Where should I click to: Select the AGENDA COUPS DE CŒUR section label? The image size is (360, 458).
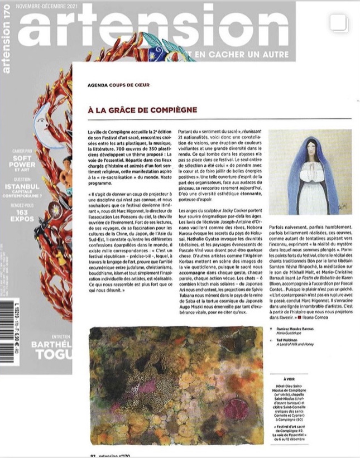(118, 85)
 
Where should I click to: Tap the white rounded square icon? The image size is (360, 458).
(339, 23)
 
